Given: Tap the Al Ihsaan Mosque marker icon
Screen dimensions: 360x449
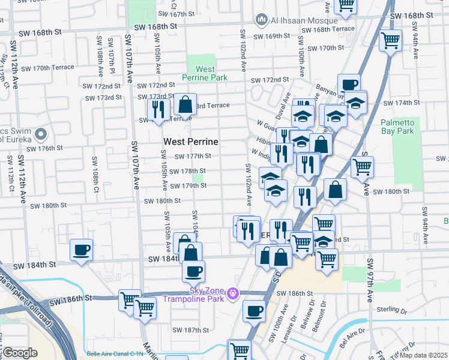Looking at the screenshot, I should [261, 20].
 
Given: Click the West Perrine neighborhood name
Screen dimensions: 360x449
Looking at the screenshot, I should [190, 142].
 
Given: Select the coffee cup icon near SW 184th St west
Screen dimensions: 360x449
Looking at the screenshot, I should [81, 250].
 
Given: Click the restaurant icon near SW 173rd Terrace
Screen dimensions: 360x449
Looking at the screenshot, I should [158, 110].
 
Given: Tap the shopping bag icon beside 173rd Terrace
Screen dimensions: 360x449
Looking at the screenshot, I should [185, 104].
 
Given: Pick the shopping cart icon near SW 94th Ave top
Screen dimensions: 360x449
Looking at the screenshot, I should [391, 41].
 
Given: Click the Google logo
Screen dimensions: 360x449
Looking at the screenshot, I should [20, 352].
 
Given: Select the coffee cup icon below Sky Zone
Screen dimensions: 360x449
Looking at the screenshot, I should [254, 311].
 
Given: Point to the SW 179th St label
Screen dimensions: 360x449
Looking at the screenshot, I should [186, 186].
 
